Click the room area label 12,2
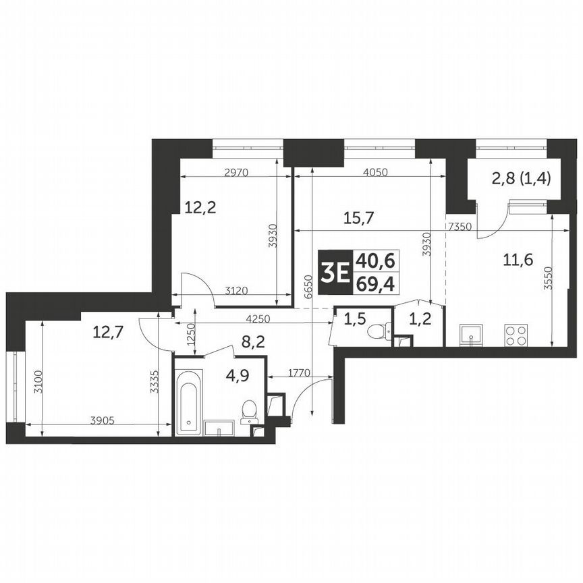[200, 208]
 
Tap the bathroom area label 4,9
[236, 376]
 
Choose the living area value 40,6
[379, 260]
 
